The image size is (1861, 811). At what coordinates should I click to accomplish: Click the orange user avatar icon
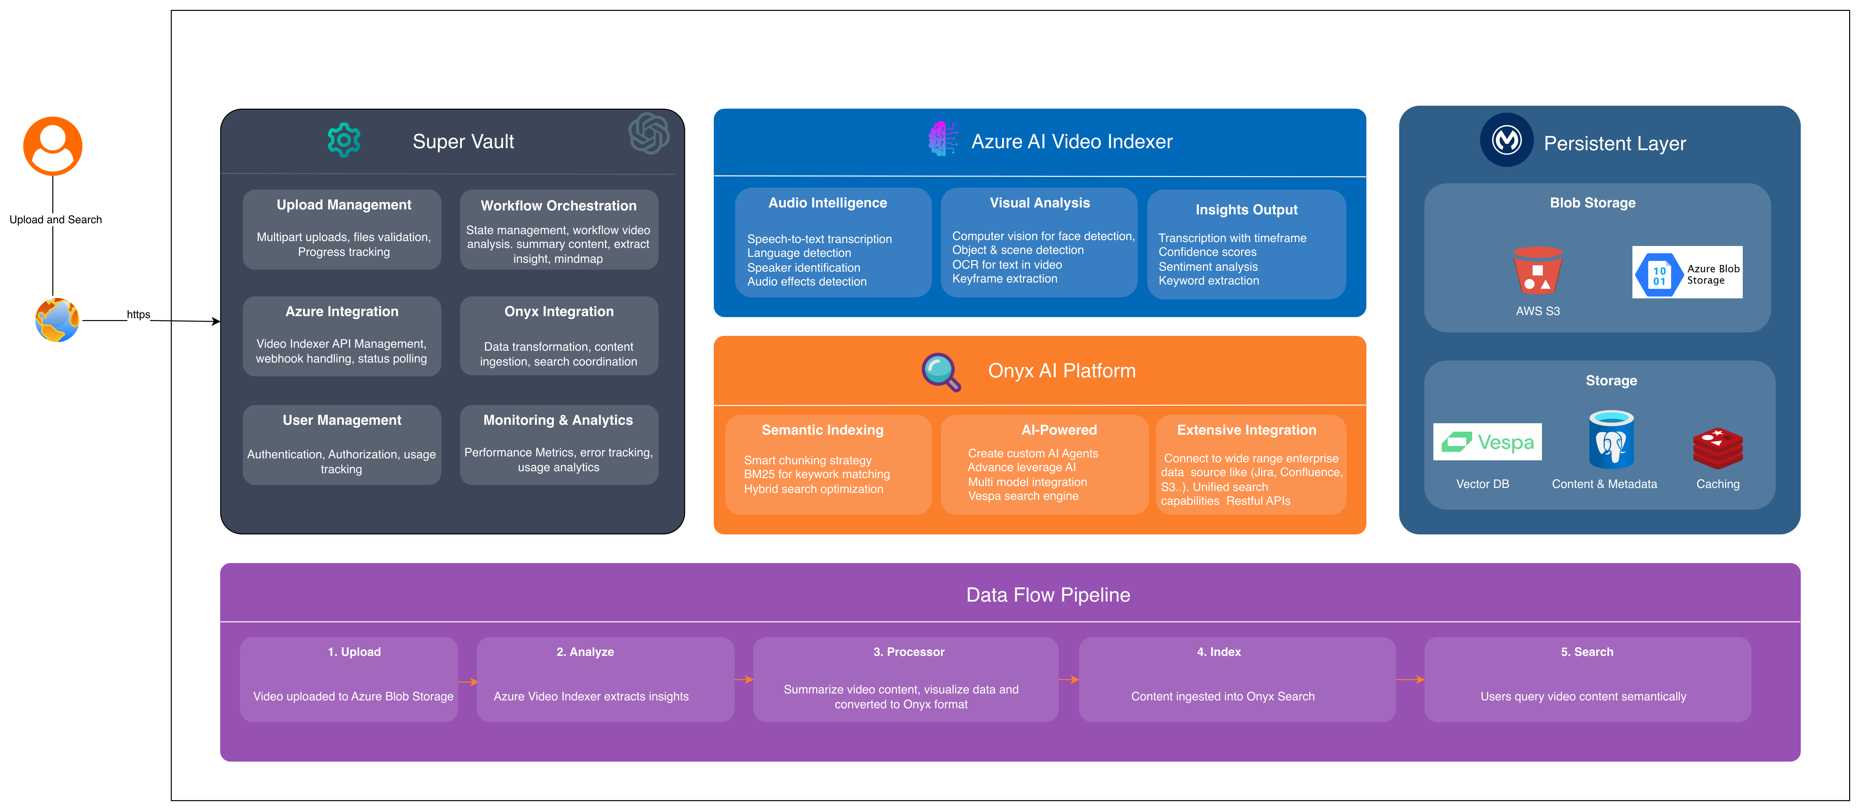[53, 146]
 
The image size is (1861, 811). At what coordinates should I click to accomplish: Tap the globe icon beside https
[57, 320]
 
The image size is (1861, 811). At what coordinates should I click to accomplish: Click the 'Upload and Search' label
[56, 220]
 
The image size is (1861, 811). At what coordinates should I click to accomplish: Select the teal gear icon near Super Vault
[344, 140]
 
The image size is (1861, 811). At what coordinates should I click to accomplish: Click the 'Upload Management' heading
[344, 205]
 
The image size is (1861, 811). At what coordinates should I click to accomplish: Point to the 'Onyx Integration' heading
[559, 312]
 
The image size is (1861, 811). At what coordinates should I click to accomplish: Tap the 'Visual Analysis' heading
[1040, 203]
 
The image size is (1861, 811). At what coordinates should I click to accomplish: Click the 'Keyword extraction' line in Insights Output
[1209, 281]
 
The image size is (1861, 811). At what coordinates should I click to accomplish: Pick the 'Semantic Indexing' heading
[822, 430]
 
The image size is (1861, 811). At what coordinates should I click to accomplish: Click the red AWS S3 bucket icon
[1537, 270]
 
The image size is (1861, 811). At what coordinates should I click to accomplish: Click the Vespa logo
[1487, 442]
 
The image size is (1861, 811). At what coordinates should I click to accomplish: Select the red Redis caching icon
[1717, 448]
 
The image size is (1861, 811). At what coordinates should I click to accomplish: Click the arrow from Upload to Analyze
[467, 682]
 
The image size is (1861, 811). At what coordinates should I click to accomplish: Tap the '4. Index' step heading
[1219, 652]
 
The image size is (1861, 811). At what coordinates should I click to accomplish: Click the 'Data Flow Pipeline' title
[1047, 595]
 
